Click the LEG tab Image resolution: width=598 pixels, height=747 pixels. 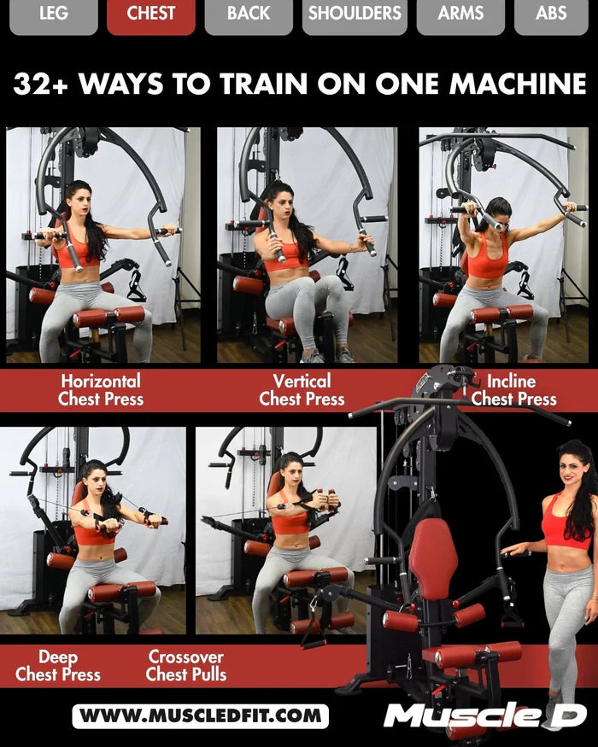pos(53,14)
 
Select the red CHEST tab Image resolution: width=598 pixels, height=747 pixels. pos(150,14)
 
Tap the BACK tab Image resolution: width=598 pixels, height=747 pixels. pos(248,14)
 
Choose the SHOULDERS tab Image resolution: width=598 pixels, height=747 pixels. pos(354,14)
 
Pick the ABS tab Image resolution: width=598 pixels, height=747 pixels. pos(551,14)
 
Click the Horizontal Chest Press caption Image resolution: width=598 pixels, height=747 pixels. pos(101,389)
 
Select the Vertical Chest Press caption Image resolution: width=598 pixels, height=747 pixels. pos(302,389)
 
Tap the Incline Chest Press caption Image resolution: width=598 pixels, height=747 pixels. pos(513,389)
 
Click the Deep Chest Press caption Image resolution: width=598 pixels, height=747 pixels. pos(58,666)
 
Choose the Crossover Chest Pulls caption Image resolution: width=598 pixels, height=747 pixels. pos(185,666)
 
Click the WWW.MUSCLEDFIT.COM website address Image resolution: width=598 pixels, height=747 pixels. pos(200,715)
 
